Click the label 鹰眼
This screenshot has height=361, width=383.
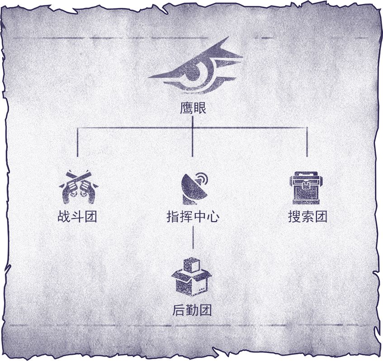[x=193, y=108]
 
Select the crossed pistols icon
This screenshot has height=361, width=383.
[x=78, y=187]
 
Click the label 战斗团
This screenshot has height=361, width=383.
[x=77, y=216]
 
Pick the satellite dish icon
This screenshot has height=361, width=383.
[x=194, y=189]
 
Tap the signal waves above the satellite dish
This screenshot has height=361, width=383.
[x=202, y=179]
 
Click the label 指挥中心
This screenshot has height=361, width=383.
[x=193, y=217]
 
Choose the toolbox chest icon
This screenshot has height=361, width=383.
[x=306, y=188]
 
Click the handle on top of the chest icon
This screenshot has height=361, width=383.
[x=306, y=174]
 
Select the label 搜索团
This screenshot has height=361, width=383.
[x=307, y=216]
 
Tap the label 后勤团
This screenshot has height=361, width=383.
[x=192, y=310]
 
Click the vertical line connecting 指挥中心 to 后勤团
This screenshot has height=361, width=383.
[x=193, y=237]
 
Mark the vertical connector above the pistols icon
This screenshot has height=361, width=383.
[x=77, y=142]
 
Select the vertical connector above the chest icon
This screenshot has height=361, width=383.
[x=307, y=142]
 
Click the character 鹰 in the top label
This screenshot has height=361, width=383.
[x=186, y=108]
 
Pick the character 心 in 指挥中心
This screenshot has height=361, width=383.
[x=213, y=217]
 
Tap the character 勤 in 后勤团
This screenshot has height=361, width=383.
[x=192, y=310]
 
